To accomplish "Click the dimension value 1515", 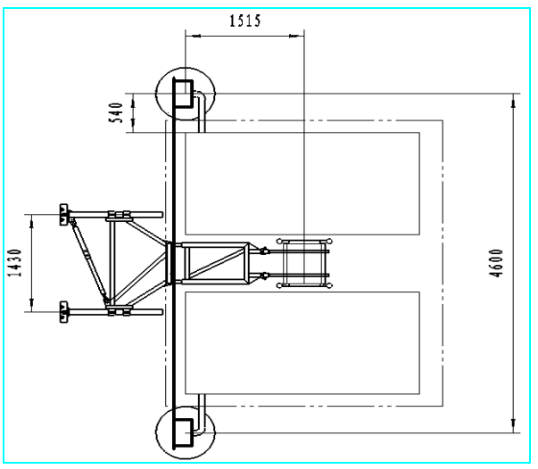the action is pyautogui.click(x=245, y=21).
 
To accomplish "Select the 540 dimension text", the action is pyautogui.click(x=116, y=113).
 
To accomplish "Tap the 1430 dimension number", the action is pyautogui.click(x=15, y=263).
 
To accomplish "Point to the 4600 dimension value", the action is pyautogui.click(x=496, y=263).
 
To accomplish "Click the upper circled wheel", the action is pyautogui.click(x=156, y=94).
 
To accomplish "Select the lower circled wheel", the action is pyautogui.click(x=156, y=432).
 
